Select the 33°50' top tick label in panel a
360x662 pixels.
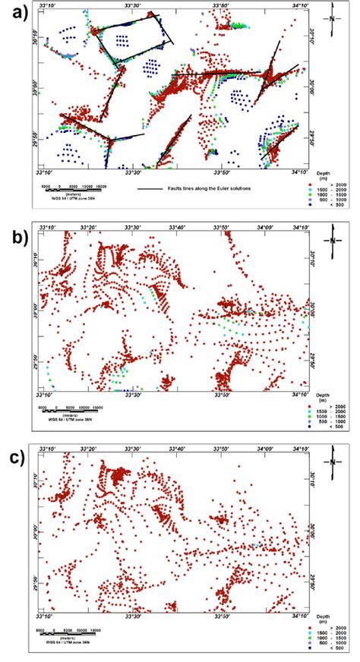(x=222, y=7)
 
